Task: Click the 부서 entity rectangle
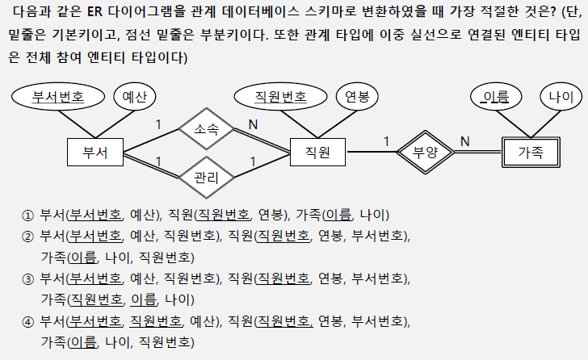(x=93, y=152)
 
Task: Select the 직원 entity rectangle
(x=317, y=152)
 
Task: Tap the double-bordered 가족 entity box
(x=530, y=151)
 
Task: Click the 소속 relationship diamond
(x=207, y=128)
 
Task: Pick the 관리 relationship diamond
(x=207, y=177)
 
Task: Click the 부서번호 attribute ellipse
(x=59, y=98)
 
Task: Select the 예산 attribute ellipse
(x=135, y=98)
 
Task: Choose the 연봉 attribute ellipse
(x=356, y=98)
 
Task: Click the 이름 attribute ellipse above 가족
(x=495, y=98)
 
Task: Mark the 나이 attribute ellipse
(x=560, y=98)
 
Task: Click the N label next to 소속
(x=253, y=124)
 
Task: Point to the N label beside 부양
(x=464, y=141)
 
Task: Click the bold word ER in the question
(x=94, y=18)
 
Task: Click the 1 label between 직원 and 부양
(x=386, y=141)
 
